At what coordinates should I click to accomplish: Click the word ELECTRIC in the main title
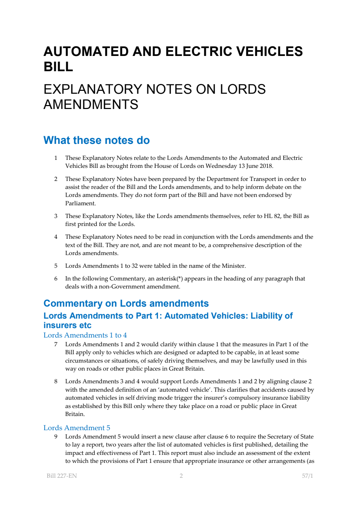click(198, 52)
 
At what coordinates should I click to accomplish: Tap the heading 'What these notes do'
click(96, 140)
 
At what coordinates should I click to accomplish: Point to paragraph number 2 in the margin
click(56, 179)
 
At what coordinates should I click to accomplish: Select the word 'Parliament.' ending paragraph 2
click(80, 203)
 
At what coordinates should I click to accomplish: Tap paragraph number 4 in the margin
click(56, 237)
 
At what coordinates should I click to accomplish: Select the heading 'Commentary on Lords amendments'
click(126, 303)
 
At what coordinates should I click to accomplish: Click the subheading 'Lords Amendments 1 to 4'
click(85, 335)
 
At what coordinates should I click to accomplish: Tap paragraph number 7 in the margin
click(56, 344)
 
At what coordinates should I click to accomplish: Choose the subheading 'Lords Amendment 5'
click(77, 428)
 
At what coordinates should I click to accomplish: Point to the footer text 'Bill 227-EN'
click(62, 476)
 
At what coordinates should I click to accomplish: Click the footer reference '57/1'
click(307, 476)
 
